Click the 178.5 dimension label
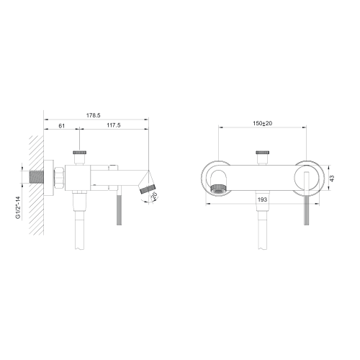click(x=94, y=115)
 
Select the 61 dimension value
click(x=62, y=125)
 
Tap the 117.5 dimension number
click(x=114, y=125)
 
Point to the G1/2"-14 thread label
click(x=18, y=207)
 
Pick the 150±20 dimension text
click(x=263, y=123)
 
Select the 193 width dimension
click(x=262, y=199)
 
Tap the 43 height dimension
click(x=332, y=179)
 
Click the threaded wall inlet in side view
click(x=36, y=177)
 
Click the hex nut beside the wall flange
click(x=60, y=177)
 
